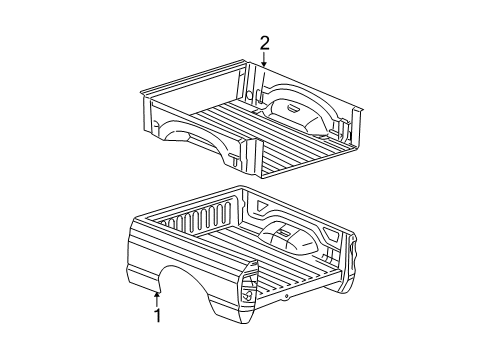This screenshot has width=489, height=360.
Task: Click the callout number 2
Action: (264, 42)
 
